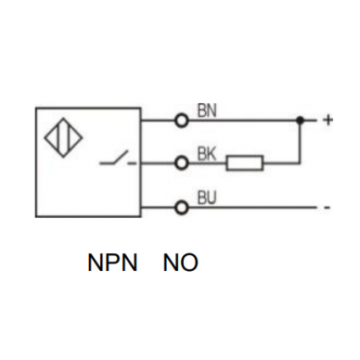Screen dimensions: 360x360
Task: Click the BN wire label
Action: pos(207,110)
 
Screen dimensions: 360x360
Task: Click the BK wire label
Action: pos(207,154)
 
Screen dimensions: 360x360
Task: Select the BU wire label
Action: pos(207,198)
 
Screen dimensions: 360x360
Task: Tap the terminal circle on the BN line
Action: pos(182,121)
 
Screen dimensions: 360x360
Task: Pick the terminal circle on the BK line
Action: pos(182,162)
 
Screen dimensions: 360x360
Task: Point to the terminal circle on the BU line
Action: pos(182,207)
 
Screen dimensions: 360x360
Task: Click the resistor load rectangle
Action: pos(245,163)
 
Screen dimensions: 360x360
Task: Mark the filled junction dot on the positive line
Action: pos(300,120)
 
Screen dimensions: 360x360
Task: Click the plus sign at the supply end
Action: pos(328,120)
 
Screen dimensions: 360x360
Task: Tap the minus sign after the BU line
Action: pos(328,208)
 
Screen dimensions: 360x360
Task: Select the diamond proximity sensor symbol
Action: pos(64,137)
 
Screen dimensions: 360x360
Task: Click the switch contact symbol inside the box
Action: pos(113,158)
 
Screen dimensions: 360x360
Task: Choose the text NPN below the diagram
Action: pos(112,263)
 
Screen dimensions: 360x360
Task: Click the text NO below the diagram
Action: pos(180,263)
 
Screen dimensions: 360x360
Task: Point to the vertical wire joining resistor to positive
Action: pos(300,141)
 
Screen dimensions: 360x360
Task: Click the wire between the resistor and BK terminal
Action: pos(207,162)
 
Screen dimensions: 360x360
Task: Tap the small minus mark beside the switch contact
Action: pos(133,163)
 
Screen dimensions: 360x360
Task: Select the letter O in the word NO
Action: pos(188,263)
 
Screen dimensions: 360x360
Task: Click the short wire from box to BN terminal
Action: pos(158,121)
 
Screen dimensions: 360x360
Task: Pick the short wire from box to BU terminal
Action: pos(158,207)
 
